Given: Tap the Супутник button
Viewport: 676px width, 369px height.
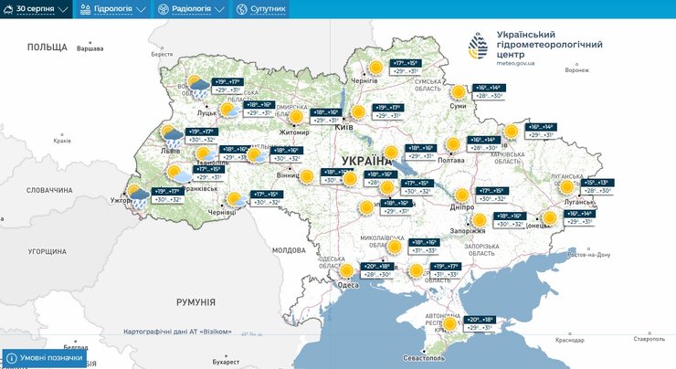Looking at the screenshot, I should pyautogui.click(x=261, y=9).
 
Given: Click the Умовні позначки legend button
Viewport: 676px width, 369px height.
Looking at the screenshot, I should pyautogui.click(x=45, y=358).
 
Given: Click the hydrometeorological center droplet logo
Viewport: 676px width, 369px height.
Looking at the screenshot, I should pyautogui.click(x=478, y=47).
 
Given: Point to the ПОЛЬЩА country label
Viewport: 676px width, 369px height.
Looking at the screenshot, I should pyautogui.click(x=48, y=47).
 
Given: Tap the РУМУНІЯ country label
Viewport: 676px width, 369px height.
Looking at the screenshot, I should pyautogui.click(x=196, y=301).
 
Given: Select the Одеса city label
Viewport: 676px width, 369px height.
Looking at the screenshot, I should pyautogui.click(x=348, y=285).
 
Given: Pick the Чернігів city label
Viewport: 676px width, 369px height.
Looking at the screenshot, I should pyautogui.click(x=364, y=81).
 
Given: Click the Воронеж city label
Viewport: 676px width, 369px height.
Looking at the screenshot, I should pyautogui.click(x=576, y=70).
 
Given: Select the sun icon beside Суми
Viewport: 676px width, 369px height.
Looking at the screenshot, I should pyautogui.click(x=459, y=91).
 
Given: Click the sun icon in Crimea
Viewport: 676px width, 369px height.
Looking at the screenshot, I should pyautogui.click(x=449, y=322).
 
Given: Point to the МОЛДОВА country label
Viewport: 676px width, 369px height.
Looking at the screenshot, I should pyautogui.click(x=289, y=249).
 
